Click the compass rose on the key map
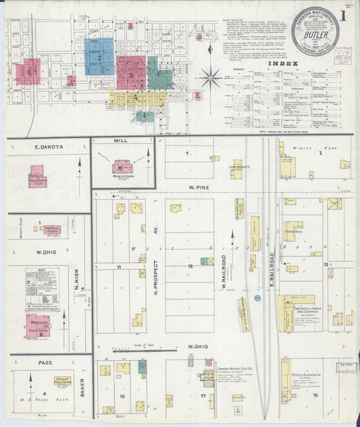210,77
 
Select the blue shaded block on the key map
99,56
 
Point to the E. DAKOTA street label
49,146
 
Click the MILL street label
121,143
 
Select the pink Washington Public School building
38,325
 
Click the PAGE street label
45,363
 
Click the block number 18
122,397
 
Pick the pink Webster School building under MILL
122,166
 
